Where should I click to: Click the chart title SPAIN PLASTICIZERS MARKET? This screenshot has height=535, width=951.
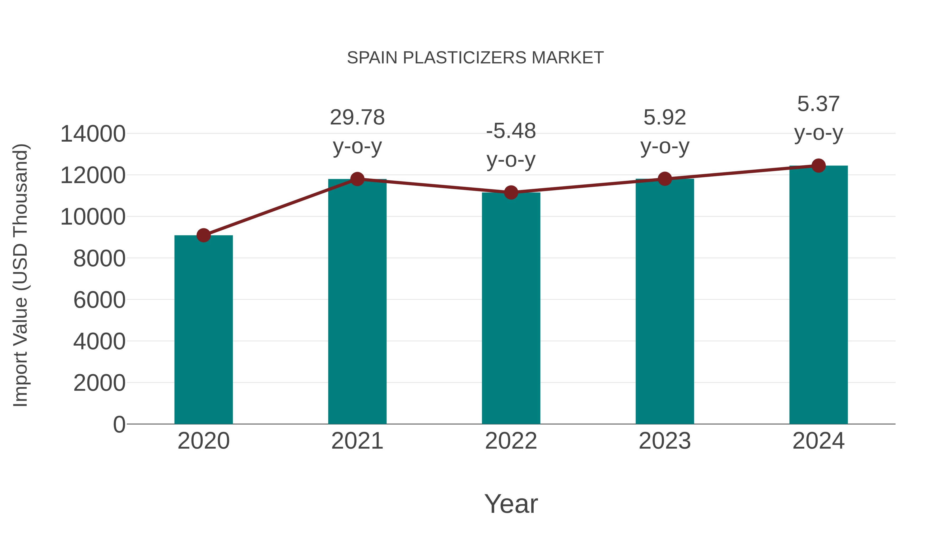[x=475, y=58]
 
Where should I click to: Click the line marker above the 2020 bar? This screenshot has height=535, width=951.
[x=203, y=235]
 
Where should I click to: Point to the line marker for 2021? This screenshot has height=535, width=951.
[x=357, y=179]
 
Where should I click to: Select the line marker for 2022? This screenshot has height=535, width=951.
[x=511, y=192]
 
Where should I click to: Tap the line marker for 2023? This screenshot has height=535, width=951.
[x=665, y=179]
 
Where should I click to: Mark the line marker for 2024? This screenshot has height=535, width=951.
[x=818, y=166]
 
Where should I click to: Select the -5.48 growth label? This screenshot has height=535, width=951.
[x=511, y=131]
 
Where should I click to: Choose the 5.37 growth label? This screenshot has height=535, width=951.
[x=818, y=104]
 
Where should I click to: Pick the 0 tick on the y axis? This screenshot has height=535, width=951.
[x=119, y=424]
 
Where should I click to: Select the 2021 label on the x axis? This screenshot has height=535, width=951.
[x=357, y=441]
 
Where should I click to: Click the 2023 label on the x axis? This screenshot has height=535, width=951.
[x=665, y=441]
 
